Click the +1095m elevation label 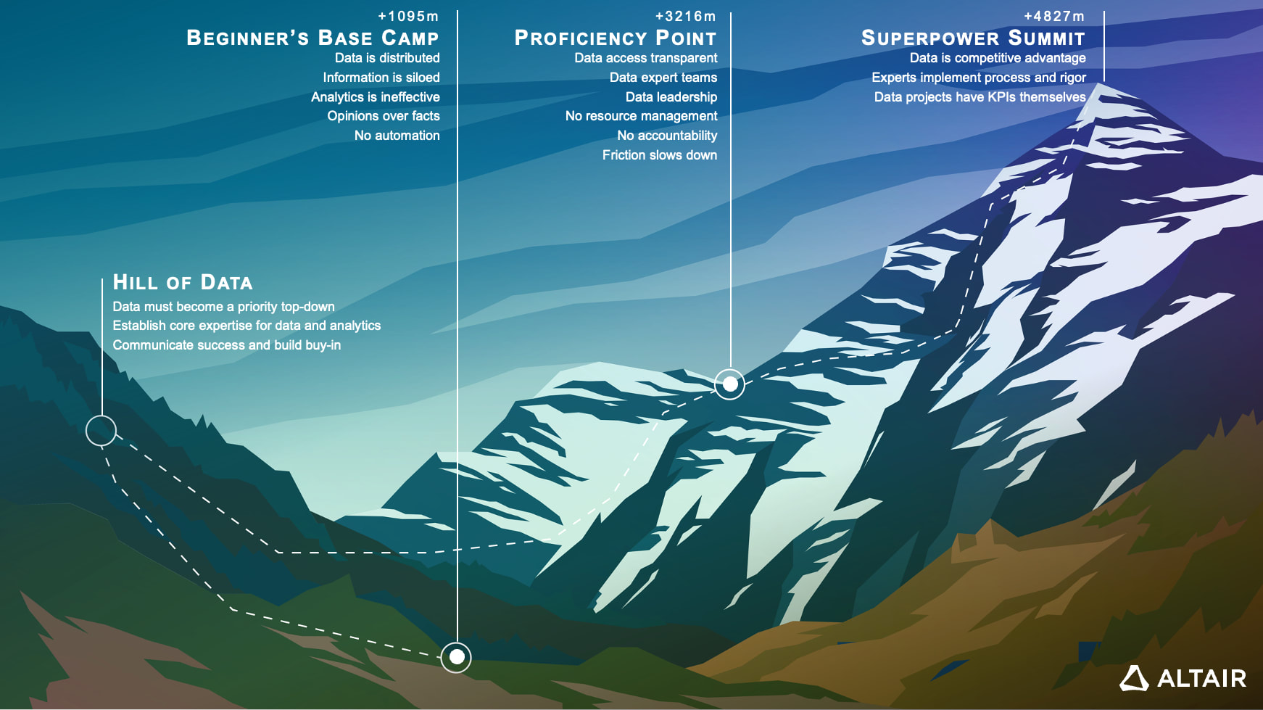pyautogui.click(x=408, y=16)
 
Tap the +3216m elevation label pyautogui.click(x=685, y=16)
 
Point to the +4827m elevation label pyautogui.click(x=1053, y=16)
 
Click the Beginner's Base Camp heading pyautogui.click(x=312, y=38)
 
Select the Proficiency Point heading pyautogui.click(x=615, y=38)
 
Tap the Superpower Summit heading pyautogui.click(x=972, y=38)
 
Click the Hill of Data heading pyautogui.click(x=183, y=282)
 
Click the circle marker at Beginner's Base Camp pyautogui.click(x=457, y=657)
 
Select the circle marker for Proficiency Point pyautogui.click(x=730, y=384)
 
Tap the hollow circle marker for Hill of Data pyautogui.click(x=101, y=431)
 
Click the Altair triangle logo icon pyautogui.click(x=1134, y=678)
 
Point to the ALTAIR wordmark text pyautogui.click(x=1201, y=679)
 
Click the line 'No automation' pyautogui.click(x=397, y=136)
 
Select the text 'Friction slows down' pyautogui.click(x=659, y=155)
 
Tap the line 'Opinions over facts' pyautogui.click(x=383, y=116)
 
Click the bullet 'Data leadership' pyautogui.click(x=671, y=97)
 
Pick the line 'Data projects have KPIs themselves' pyautogui.click(x=980, y=97)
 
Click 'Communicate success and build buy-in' pyautogui.click(x=226, y=345)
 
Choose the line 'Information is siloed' pyautogui.click(x=381, y=78)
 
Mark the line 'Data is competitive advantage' pyautogui.click(x=998, y=58)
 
